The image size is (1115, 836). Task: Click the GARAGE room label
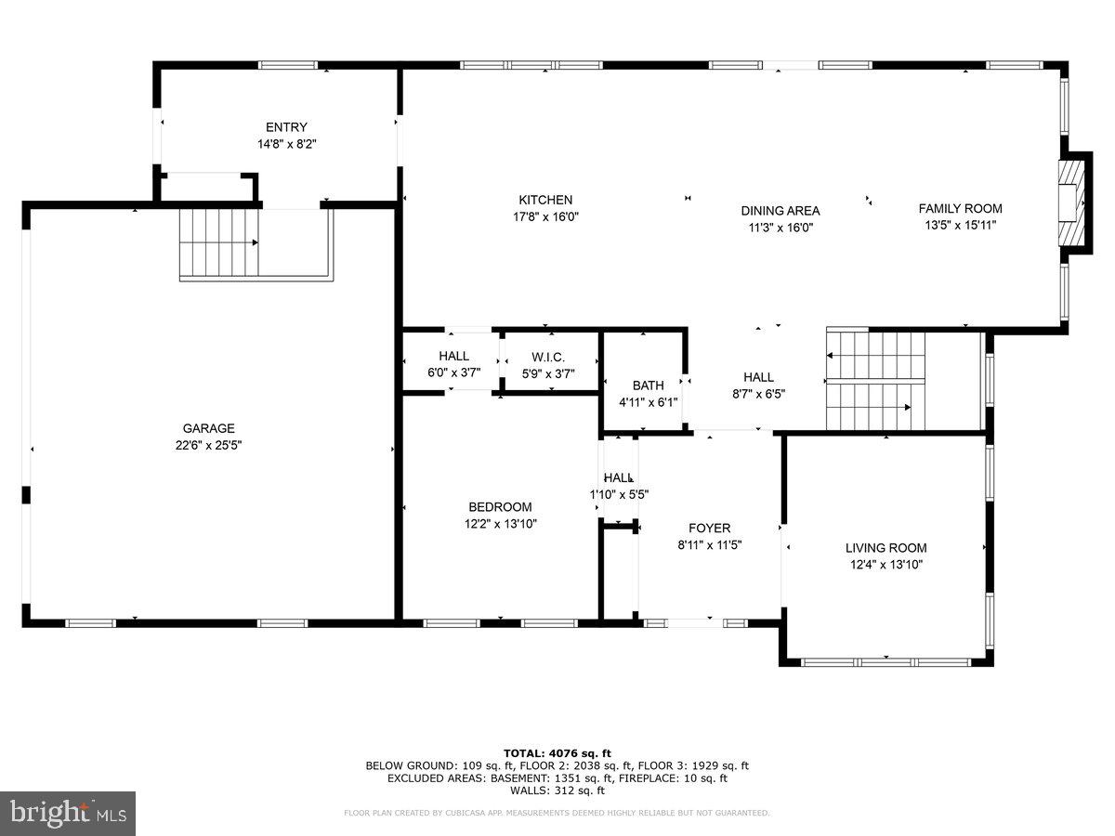pyautogui.click(x=208, y=428)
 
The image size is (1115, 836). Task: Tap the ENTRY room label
pyautogui.click(x=286, y=127)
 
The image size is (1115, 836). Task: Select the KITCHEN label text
pyautogui.click(x=545, y=200)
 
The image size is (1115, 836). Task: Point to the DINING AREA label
pyautogui.click(x=780, y=211)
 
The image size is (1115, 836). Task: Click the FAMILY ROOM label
pyautogui.click(x=960, y=209)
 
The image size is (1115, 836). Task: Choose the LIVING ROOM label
pyautogui.click(x=885, y=548)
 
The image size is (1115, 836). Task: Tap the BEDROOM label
pyautogui.click(x=500, y=507)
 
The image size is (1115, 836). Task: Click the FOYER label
pyautogui.click(x=709, y=529)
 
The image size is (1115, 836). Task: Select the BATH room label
pyautogui.click(x=649, y=385)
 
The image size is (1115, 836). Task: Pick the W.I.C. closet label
pyautogui.click(x=548, y=358)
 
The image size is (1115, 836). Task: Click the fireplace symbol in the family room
pyautogui.click(x=1074, y=202)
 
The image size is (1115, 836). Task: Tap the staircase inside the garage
pyautogui.click(x=219, y=243)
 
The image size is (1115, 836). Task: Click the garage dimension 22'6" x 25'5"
pyautogui.click(x=208, y=445)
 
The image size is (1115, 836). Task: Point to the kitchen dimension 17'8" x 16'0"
pyautogui.click(x=545, y=216)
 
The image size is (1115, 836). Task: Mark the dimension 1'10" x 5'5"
pyautogui.click(x=619, y=495)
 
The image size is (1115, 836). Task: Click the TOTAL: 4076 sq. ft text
pyautogui.click(x=557, y=753)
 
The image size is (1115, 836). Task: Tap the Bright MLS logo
pyautogui.click(x=68, y=814)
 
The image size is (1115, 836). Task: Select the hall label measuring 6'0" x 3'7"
pyautogui.click(x=453, y=357)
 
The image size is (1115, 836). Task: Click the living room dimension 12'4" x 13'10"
pyautogui.click(x=885, y=565)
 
